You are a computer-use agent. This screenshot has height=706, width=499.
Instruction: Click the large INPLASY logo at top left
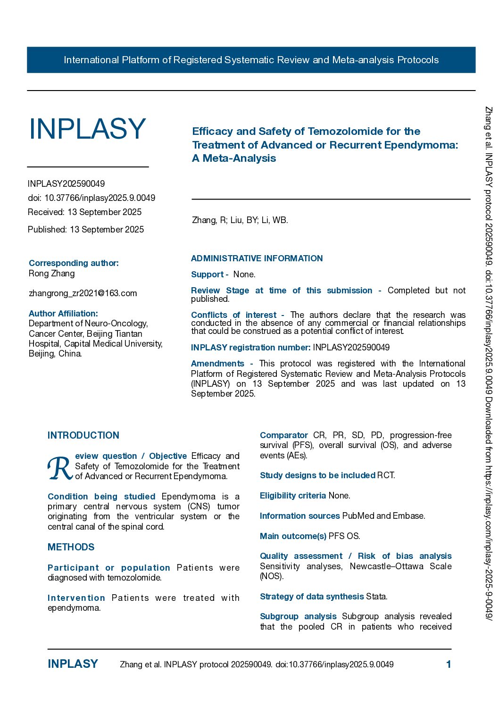point(87,129)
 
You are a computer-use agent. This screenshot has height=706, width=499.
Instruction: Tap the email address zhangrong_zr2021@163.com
point(83,293)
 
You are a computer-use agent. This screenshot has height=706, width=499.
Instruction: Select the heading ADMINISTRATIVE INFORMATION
point(257,258)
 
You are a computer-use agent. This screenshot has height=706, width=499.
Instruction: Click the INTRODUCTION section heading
point(83,435)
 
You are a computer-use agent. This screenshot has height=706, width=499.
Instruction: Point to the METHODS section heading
point(71,547)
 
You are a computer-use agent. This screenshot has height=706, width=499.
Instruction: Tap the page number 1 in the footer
point(449,664)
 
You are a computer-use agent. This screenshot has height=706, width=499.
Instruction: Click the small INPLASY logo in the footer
point(73,664)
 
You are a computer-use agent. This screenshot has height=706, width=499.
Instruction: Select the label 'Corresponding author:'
point(74,263)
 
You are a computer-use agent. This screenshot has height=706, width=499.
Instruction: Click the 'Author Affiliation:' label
point(63,314)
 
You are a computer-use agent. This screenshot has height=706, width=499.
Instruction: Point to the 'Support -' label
point(209,274)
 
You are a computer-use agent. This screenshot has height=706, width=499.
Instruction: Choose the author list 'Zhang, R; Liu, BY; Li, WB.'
point(240,220)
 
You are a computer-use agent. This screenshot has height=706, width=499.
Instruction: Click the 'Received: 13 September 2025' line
point(85,212)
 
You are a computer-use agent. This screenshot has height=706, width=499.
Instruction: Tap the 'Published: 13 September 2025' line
point(86,230)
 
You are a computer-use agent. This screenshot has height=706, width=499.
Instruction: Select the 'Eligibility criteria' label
point(293,496)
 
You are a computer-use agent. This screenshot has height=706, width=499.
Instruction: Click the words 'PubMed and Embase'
point(383,516)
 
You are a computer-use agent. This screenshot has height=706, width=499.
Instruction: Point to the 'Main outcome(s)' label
point(293,536)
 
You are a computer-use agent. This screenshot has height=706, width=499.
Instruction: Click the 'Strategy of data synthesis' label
point(312,597)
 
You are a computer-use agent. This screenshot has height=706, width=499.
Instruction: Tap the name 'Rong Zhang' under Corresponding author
point(52,274)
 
